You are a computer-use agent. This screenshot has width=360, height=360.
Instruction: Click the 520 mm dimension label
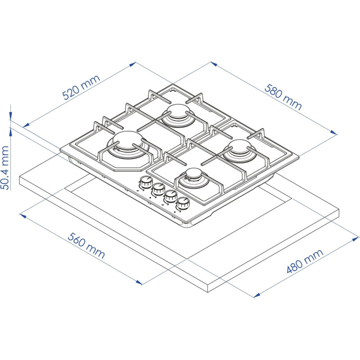[x=81, y=87]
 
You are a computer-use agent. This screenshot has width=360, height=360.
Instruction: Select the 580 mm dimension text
[x=283, y=97]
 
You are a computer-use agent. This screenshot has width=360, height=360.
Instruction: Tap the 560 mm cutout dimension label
[x=86, y=245]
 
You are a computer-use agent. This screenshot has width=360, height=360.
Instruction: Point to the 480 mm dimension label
[x=305, y=261]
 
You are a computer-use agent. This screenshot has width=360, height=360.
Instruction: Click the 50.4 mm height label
[x=5, y=167]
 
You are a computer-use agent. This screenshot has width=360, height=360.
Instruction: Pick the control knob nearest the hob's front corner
[x=183, y=203]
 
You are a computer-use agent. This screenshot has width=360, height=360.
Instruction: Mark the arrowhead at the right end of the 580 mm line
[x=334, y=132]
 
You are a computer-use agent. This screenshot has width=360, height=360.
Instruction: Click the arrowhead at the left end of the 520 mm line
[x=26, y=125]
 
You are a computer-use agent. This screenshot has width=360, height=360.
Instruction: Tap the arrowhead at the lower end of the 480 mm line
[x=257, y=295]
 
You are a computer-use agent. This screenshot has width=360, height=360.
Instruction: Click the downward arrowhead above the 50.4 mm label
[x=11, y=116]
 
